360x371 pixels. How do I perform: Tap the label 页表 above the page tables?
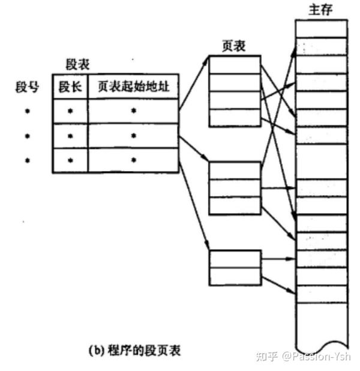[234, 46]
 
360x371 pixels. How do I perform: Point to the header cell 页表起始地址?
[133, 87]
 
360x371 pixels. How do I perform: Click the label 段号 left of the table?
[27, 87]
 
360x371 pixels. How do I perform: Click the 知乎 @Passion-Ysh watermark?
[302, 356]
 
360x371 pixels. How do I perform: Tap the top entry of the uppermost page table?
[235, 65]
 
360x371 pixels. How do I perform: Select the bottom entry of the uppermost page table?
[235, 118]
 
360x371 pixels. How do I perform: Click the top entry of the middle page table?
[235, 170]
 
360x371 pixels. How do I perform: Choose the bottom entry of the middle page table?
[235, 205]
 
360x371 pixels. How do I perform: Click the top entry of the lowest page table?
[235, 259]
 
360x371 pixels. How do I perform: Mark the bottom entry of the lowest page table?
[235, 276]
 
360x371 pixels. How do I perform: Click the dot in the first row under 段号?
[27, 111]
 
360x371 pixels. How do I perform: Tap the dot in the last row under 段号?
[27, 160]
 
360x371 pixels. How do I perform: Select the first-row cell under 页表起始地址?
[133, 111]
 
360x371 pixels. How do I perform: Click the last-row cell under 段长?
[70, 160]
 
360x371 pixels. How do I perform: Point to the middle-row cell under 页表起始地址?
[133, 136]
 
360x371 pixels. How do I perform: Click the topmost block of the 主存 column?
[322, 29]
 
